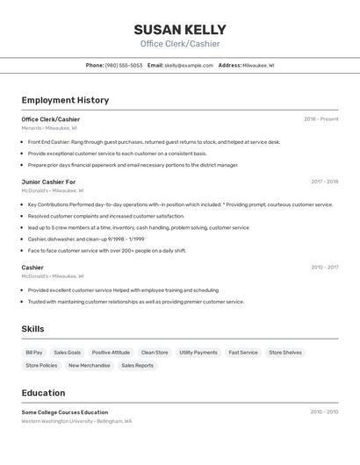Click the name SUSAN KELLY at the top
[x=180, y=29]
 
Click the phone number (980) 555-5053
[x=124, y=65]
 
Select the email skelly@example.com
[x=189, y=65]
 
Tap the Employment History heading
[x=65, y=100]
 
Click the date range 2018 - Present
[x=320, y=119]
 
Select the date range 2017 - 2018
[x=324, y=182]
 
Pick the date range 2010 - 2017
[x=324, y=268]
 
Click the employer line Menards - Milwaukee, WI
[x=49, y=128]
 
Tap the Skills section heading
[x=33, y=329]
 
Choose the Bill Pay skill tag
[x=34, y=353]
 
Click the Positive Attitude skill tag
[x=111, y=353]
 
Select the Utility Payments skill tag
[x=198, y=353]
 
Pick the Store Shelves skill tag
[x=285, y=353]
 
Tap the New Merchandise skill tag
[x=90, y=366]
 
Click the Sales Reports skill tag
[x=137, y=366]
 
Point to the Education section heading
[x=43, y=393]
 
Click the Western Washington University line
[x=76, y=421]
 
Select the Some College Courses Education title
[x=65, y=412]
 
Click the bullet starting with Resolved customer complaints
[x=106, y=216]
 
